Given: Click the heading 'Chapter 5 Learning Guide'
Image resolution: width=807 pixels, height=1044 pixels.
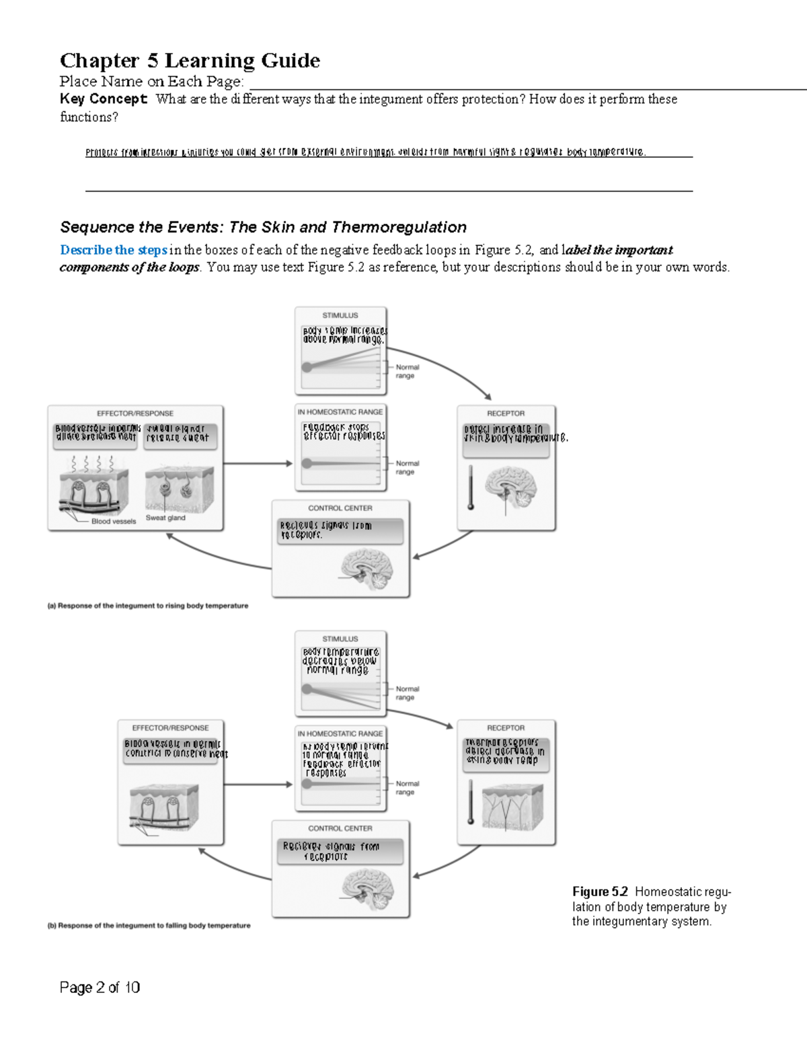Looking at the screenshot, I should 190,61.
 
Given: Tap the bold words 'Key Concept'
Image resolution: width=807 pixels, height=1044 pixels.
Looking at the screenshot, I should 103,99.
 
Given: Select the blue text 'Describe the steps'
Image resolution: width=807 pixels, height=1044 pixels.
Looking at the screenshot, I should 113,250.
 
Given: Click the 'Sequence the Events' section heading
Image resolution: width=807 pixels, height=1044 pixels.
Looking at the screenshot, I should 263,227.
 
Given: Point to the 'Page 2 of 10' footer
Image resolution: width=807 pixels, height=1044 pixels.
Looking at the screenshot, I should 100,987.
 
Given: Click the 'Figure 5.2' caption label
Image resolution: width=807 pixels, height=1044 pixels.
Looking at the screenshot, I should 600,892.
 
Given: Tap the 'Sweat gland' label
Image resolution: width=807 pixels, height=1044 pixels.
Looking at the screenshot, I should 165,518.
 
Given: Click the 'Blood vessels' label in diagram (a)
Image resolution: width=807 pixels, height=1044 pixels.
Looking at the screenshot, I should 114,521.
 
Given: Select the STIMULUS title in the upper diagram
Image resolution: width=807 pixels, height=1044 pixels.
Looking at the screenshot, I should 340,315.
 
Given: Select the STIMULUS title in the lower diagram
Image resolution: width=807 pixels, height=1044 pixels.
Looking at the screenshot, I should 340,639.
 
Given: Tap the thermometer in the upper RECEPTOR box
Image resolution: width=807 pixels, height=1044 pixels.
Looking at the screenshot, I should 471,487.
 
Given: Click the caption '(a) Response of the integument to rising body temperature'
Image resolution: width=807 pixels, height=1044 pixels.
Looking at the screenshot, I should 147,606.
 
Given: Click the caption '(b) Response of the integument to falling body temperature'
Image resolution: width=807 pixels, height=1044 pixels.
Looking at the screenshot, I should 149,926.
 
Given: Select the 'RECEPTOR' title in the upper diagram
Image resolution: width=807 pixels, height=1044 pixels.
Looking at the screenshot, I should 506,413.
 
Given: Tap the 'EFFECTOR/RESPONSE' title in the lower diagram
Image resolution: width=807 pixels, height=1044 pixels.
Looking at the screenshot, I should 170,728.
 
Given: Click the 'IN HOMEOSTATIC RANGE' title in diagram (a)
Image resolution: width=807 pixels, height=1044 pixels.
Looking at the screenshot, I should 340,412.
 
